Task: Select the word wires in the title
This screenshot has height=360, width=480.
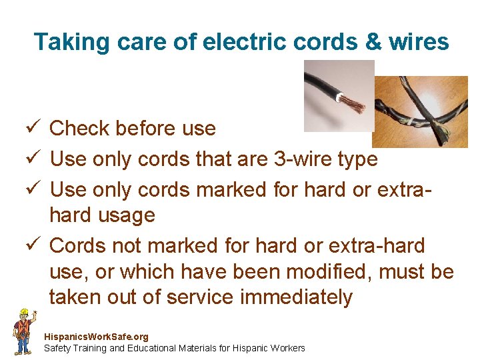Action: click(420, 42)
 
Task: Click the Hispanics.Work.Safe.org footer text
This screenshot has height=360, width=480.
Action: click(96, 337)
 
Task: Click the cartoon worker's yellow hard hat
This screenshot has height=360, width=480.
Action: click(24, 313)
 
